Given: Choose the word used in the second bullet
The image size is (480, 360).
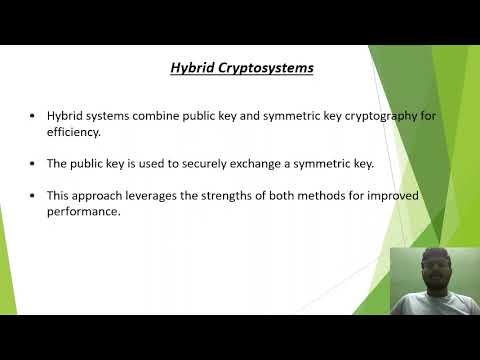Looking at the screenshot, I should (136, 161).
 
